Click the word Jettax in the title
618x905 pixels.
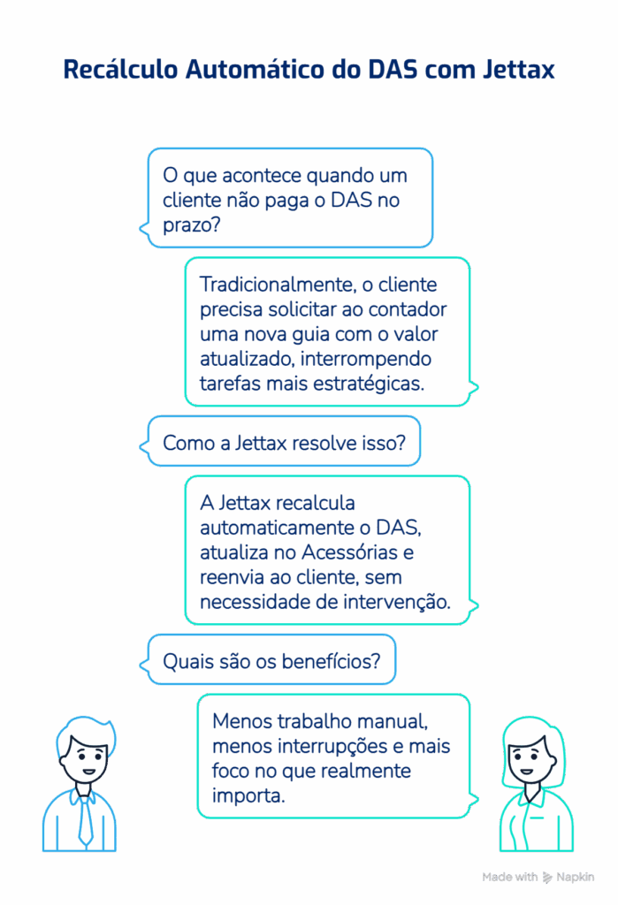point(519,69)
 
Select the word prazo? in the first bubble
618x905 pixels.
point(192,225)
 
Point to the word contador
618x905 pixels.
point(408,309)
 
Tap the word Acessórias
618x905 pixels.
point(350,552)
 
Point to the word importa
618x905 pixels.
point(248,796)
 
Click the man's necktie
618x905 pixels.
point(85,819)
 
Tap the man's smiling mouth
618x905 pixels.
point(89,771)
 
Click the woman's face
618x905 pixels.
point(528,757)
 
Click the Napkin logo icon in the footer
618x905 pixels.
point(547,878)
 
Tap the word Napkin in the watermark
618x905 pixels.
point(576,878)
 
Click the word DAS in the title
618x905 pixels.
point(393,69)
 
